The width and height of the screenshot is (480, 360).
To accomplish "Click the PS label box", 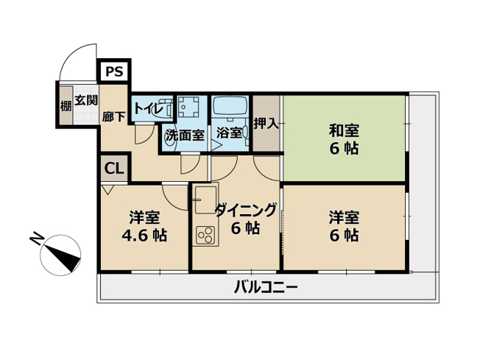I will [113, 72].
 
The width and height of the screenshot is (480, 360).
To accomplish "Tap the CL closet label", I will [113, 169].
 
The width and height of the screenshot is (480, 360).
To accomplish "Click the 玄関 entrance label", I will [85, 100].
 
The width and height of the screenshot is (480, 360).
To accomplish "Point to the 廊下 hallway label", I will [113, 116].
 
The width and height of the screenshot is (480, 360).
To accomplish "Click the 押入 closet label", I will [266, 123].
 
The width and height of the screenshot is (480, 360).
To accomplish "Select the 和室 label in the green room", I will [344, 131].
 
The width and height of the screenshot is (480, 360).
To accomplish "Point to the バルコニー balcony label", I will [266, 287].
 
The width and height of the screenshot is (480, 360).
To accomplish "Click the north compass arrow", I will [62, 259].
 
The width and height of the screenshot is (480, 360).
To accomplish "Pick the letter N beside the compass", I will [36, 240].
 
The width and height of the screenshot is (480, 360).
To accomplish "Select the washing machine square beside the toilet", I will [190, 107].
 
